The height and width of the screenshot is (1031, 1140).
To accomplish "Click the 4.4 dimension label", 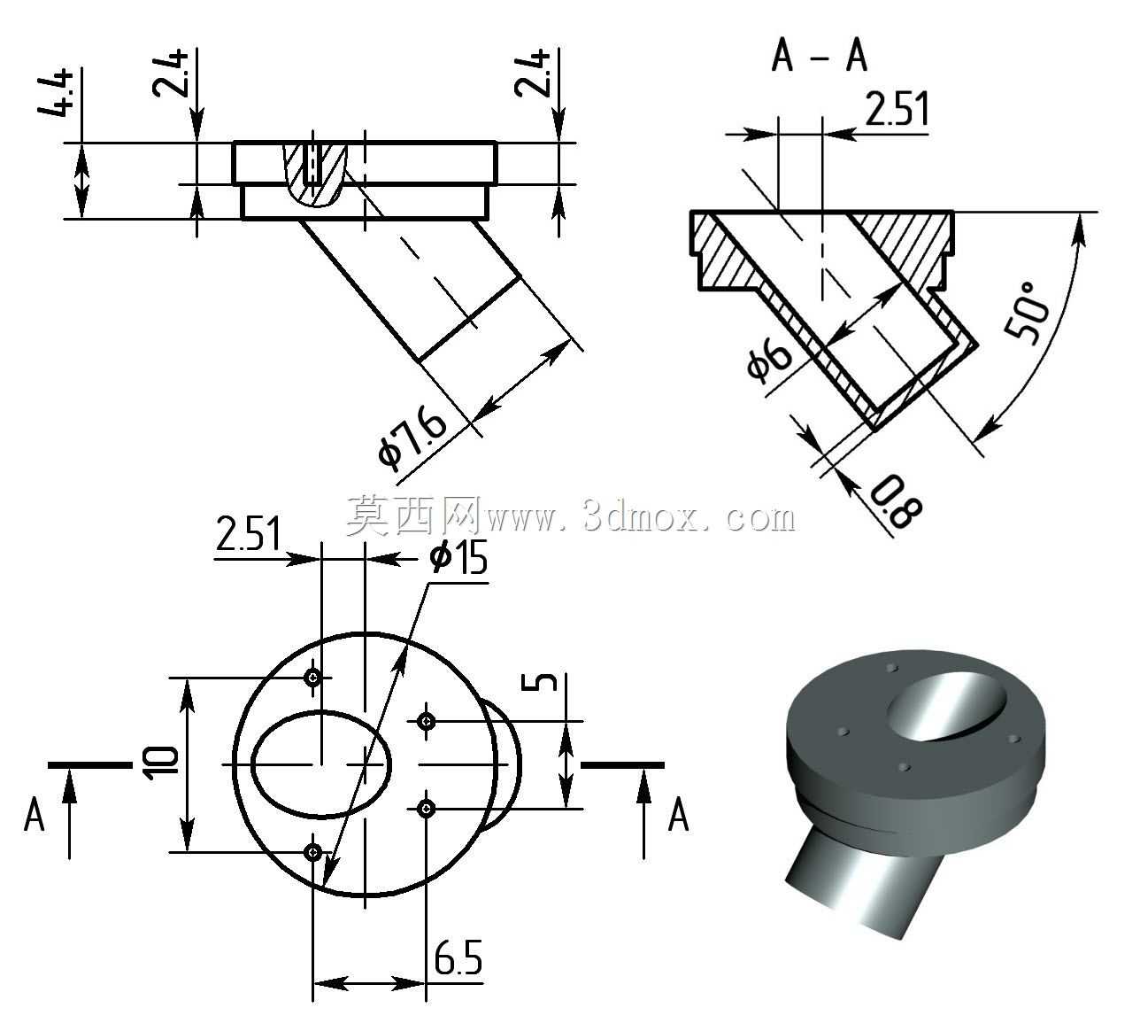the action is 56,92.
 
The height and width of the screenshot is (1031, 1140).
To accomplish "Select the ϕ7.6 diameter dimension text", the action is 412,437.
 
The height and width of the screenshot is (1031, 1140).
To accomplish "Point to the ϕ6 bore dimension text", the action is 768,359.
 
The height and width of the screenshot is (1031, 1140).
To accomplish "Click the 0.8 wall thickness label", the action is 895,500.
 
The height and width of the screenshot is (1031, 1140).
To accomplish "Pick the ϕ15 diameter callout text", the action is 458,557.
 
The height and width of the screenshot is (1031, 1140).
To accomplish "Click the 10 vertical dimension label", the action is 160,763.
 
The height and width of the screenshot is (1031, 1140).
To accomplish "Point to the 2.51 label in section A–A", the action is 897,108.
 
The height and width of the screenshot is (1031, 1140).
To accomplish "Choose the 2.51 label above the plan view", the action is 248,533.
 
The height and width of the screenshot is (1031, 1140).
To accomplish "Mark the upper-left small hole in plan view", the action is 313,678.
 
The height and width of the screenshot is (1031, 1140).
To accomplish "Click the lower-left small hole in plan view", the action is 313,852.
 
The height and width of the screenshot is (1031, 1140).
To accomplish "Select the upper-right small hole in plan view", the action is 427,722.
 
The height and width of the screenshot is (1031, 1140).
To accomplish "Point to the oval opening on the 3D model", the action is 946,706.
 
